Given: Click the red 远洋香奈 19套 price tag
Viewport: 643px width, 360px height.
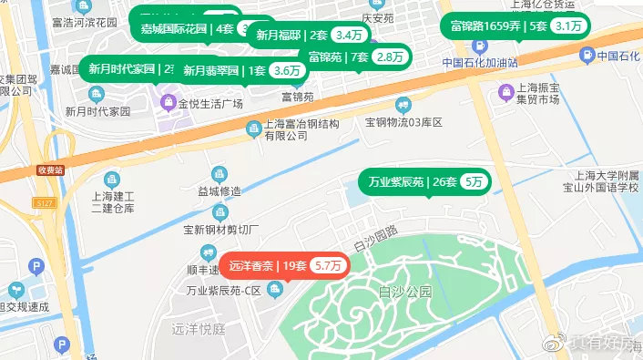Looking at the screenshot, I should tap(284, 266).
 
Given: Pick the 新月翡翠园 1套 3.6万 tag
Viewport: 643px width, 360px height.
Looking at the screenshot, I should tap(240, 70).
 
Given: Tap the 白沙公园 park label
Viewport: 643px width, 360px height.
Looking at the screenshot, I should tap(402, 293).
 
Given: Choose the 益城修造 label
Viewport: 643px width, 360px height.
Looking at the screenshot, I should tap(219, 190).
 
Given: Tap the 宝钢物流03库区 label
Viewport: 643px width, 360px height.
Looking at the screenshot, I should tap(402, 121).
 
